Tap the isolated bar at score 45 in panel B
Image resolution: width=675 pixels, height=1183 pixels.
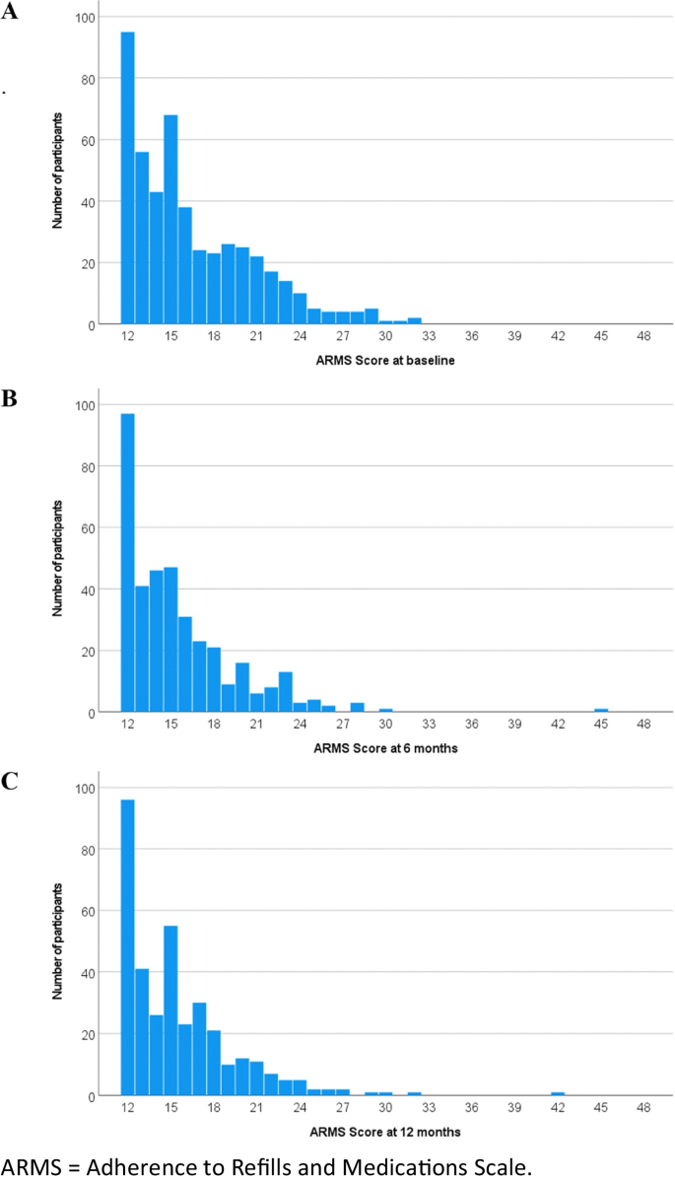pyautogui.click(x=601, y=710)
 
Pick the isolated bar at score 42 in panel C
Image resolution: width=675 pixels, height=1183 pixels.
pyautogui.click(x=558, y=1093)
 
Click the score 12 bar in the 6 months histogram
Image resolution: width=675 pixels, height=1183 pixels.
pyautogui.click(x=127, y=562)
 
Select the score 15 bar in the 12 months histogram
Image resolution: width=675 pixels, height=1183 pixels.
pyautogui.click(x=170, y=1010)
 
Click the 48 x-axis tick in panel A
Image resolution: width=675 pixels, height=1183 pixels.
pyautogui.click(x=644, y=337)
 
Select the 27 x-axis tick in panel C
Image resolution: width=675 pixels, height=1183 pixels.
pyautogui.click(x=343, y=1108)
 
